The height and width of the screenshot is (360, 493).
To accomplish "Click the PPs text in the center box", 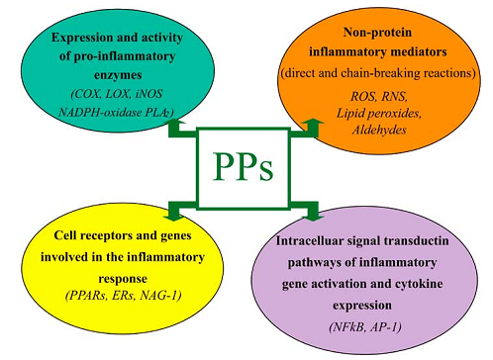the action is coord(243,166).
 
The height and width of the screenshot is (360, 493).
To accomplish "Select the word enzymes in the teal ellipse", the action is coord(118,75).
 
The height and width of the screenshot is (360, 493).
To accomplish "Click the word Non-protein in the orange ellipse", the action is coord(377,33).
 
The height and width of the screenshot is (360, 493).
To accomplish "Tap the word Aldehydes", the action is coord(379,130).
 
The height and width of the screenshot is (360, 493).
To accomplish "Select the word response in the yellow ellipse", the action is coord(123,279).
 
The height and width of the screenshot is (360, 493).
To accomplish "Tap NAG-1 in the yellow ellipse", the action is coord(160,296).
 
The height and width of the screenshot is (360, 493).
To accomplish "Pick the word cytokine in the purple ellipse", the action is coord(419,284).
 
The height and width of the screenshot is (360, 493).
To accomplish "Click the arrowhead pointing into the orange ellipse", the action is coord(313,123).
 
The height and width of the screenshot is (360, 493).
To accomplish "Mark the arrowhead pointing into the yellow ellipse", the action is coord(173,216).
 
